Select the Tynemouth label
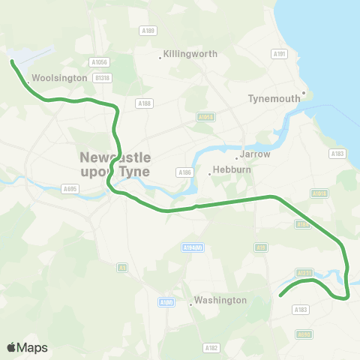pyautogui.click(x=273, y=98)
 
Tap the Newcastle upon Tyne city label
pyautogui.click(x=115, y=164)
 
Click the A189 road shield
pyautogui.click(x=148, y=31)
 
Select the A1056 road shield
pyautogui.click(x=98, y=62)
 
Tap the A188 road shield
pyautogui.click(x=145, y=103)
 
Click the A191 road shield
pyautogui.click(x=280, y=54)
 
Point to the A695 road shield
pyautogui.click(x=70, y=188)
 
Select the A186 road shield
pyautogui.click(x=184, y=172)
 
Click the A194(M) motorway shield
pyautogui.click(x=193, y=247)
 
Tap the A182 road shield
pyautogui.click(x=211, y=348)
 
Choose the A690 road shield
pyautogui.click(x=304, y=334)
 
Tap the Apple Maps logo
pyautogui.click(x=27, y=347)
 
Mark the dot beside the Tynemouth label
pyautogui.click(x=304, y=94)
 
